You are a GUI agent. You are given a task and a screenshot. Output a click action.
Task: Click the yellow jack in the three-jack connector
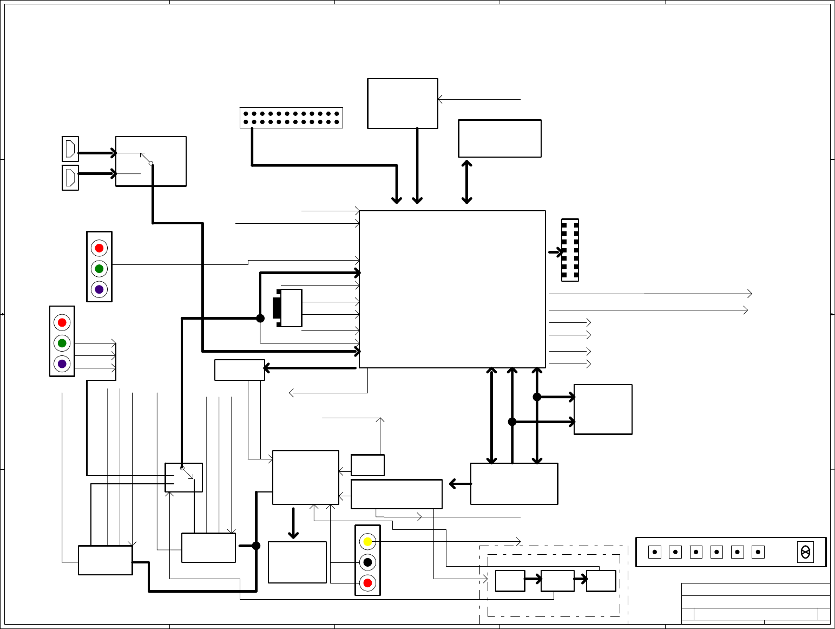[x=367, y=541]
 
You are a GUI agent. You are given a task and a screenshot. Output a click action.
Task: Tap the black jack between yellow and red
[x=367, y=562]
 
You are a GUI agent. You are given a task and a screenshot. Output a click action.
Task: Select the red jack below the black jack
[x=367, y=583]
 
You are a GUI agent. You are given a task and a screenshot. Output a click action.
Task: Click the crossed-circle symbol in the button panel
[x=805, y=552]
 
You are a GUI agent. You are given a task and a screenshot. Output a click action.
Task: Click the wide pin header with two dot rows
[x=291, y=118]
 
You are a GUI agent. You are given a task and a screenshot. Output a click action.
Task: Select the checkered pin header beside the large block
[x=570, y=250]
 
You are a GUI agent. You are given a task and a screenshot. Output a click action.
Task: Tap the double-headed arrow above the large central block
[x=466, y=181]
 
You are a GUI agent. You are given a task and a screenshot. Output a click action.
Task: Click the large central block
[x=452, y=289]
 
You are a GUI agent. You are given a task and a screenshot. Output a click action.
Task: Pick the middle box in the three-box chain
[x=557, y=581]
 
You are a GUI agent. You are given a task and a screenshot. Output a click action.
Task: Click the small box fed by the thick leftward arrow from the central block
[x=239, y=370]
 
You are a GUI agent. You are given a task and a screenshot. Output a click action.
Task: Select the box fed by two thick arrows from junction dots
[x=603, y=409]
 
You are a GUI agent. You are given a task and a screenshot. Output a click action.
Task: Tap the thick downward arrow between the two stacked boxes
[x=293, y=523]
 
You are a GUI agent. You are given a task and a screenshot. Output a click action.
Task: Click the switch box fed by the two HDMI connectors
[x=150, y=161]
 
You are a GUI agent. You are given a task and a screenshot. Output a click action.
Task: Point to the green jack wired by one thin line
[x=99, y=269]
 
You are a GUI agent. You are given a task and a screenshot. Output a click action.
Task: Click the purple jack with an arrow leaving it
[x=62, y=364]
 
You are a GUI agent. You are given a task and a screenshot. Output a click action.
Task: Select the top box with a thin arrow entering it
[x=402, y=103]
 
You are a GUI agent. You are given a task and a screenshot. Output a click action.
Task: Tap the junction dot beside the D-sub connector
[x=260, y=318]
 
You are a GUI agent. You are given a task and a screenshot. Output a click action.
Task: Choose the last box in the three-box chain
[x=601, y=581]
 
